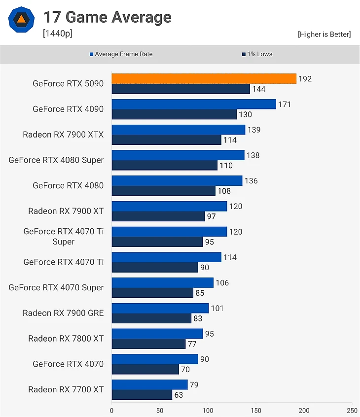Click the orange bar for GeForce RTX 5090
(204, 79)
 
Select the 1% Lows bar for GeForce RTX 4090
(174, 114)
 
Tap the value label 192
(305, 79)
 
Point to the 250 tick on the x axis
(352, 410)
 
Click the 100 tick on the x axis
(208, 410)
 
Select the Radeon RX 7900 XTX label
(63, 135)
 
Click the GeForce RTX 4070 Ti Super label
(63, 237)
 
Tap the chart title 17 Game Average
(107, 18)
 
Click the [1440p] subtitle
(58, 34)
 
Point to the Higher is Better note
(324, 34)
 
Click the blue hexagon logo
(21, 20)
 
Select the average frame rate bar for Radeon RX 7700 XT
(149, 384)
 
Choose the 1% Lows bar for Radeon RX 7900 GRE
(151, 318)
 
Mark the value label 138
(252, 155)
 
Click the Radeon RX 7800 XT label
(66, 339)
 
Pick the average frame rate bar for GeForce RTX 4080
(177, 181)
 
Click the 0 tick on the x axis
(111, 410)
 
